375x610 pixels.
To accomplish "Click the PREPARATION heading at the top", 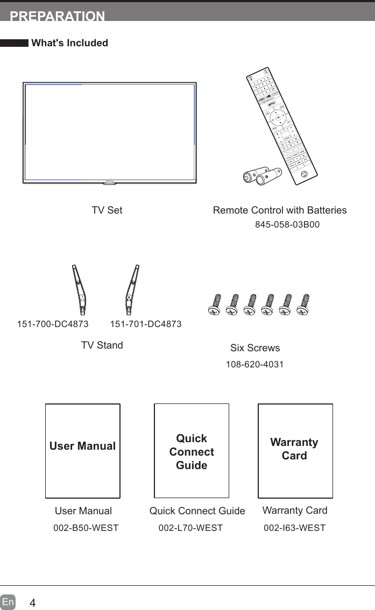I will [x=58, y=16].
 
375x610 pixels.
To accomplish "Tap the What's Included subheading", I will [x=70, y=43].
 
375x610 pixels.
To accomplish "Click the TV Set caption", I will [x=107, y=210].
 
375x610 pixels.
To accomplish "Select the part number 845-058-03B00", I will [x=287, y=224].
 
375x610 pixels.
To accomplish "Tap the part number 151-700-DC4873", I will [x=53, y=324].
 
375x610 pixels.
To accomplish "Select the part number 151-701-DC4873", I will [x=146, y=324].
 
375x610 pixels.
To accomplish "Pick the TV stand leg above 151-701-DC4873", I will [x=131, y=290].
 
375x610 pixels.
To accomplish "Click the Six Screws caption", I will [x=255, y=348].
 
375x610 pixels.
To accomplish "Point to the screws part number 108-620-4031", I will [x=255, y=365].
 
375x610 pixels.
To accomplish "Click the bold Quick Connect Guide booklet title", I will [x=192, y=452].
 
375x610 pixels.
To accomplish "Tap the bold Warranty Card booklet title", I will [x=294, y=449].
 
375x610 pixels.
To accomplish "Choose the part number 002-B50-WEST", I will [x=86, y=528].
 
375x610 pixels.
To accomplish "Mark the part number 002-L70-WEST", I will [x=190, y=528].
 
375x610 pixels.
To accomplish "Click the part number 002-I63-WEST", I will [x=294, y=528].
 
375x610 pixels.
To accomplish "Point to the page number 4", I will [x=33, y=602].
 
